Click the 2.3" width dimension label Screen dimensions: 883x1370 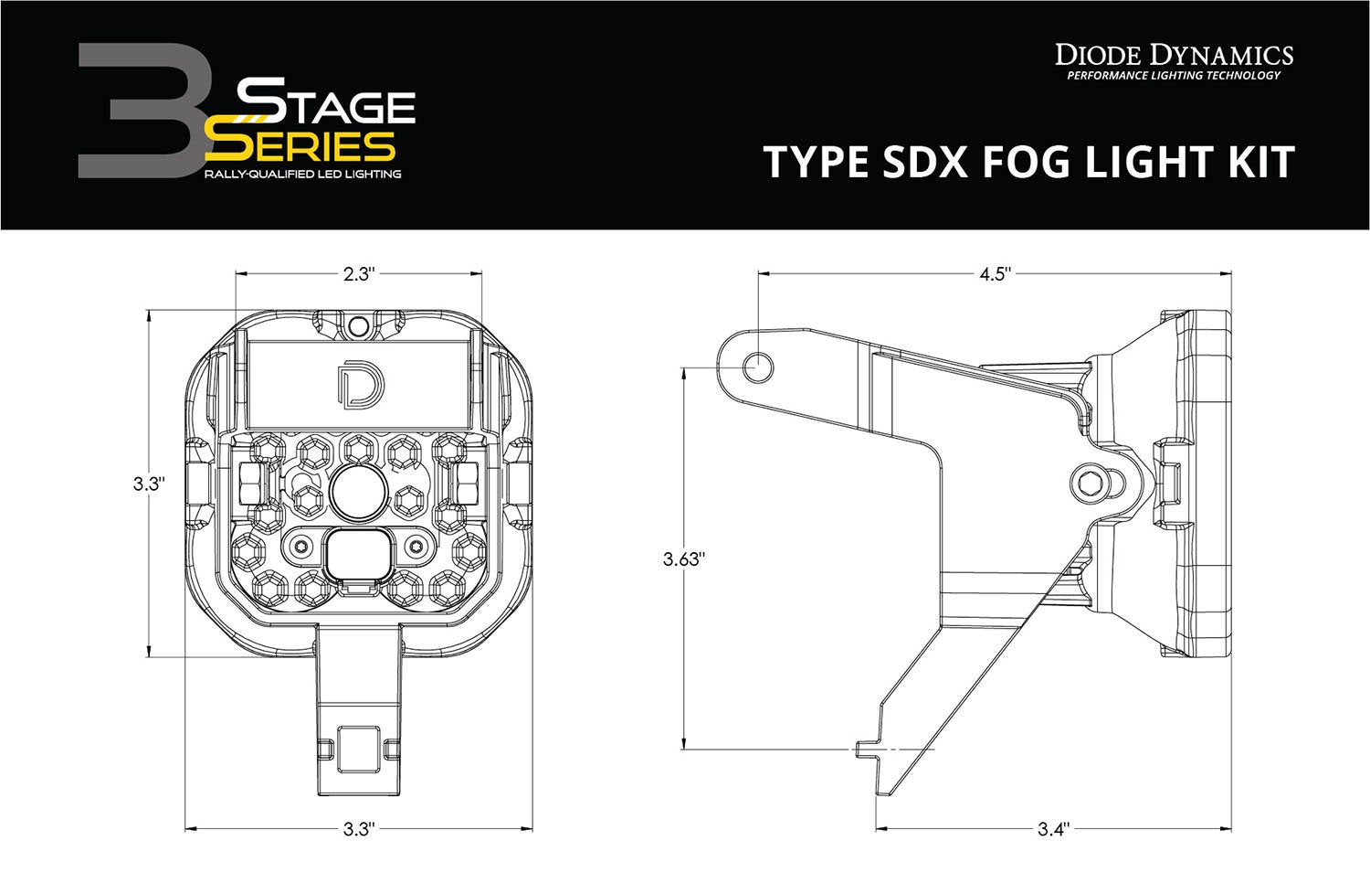tap(359, 273)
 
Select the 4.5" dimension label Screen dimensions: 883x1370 tap(995, 273)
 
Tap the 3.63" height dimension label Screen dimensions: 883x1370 tap(684, 559)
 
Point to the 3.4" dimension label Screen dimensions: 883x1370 tap(1052, 830)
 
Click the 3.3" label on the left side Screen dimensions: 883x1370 tap(147, 484)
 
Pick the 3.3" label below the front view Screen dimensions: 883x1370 tap(359, 830)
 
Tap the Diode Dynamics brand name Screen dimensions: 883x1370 tap(1174, 55)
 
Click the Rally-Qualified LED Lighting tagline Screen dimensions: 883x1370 tap(302, 174)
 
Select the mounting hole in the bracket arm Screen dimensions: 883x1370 tap(758, 368)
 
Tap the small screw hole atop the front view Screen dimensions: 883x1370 tap(359, 325)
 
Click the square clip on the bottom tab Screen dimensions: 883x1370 tap(358, 749)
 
